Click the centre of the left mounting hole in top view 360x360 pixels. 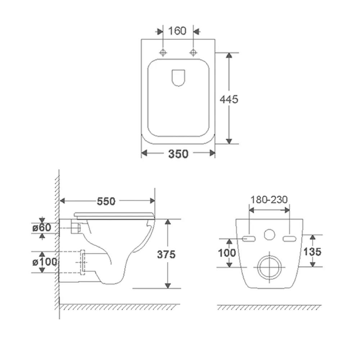coord(163,53)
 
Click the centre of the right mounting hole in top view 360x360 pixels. coord(193,53)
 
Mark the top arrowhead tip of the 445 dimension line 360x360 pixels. coord(229,53)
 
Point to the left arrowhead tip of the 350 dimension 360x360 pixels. coord(141,153)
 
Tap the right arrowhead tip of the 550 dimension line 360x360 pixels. coord(155,201)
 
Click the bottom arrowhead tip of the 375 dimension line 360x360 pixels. coord(168,288)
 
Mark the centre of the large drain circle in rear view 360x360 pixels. coord(269,267)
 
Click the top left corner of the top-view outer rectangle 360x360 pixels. coord(141,39)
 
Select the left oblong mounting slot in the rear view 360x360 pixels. coord(249,239)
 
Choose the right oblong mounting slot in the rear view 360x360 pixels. coord(289,239)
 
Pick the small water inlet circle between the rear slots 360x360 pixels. coord(269,234)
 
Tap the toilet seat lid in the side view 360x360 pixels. coord(114,216)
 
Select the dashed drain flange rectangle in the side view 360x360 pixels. coord(83,262)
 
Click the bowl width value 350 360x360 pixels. coord(179,154)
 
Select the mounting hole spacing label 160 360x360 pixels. coord(177,31)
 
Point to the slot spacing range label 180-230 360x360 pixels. coord(269,200)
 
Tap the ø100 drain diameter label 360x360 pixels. coord(45,262)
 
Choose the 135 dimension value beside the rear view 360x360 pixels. coord(312,252)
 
